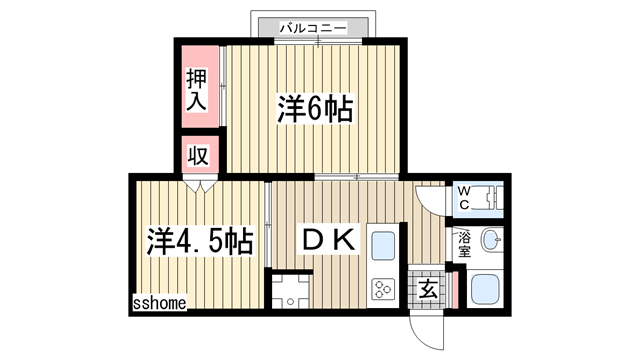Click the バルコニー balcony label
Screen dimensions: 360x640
click(313, 27)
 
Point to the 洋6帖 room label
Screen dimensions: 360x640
click(314, 109)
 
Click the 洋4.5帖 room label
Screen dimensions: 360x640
click(199, 240)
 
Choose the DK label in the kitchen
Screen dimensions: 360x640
click(327, 240)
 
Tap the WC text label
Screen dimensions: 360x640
click(466, 195)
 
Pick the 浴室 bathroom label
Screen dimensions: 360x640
click(464, 243)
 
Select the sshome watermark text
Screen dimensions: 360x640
click(158, 302)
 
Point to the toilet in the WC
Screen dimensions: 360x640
click(491, 196)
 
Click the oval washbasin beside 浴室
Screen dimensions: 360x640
click(491, 241)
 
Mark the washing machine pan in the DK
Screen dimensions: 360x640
click(291, 291)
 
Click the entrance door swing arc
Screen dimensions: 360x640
click(424, 327)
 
